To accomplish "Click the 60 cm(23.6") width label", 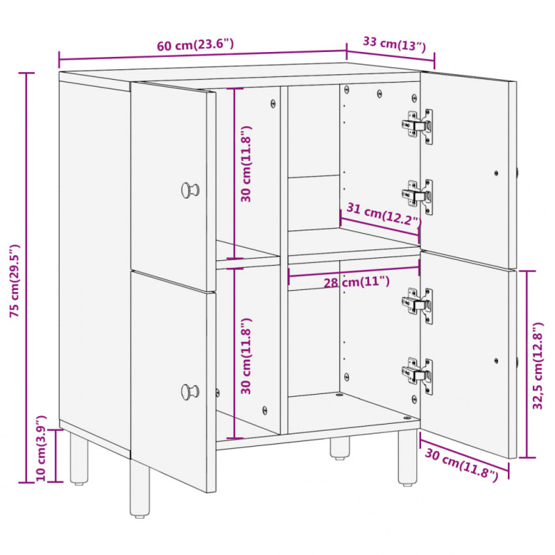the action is (196, 45).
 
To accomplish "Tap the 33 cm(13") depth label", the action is (394, 44).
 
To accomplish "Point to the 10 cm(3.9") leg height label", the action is (41, 448).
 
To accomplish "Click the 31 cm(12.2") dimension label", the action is (384, 214).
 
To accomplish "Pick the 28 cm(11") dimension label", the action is (357, 282).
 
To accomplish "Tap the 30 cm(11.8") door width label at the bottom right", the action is (461, 465).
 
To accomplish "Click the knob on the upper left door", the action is (190, 190).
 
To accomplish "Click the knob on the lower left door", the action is (190, 392).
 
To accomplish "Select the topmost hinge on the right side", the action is (418, 126).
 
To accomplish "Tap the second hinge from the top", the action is (418, 196).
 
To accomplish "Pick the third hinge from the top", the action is (418, 306).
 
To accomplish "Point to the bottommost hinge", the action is (418, 376).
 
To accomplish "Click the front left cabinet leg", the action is (140, 488).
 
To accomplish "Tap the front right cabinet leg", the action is (407, 457).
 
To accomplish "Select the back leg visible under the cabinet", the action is (339, 447).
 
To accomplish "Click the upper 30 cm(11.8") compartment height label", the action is (246, 164).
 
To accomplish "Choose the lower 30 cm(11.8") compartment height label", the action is (246, 356).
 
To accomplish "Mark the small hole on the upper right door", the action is (496, 173).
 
